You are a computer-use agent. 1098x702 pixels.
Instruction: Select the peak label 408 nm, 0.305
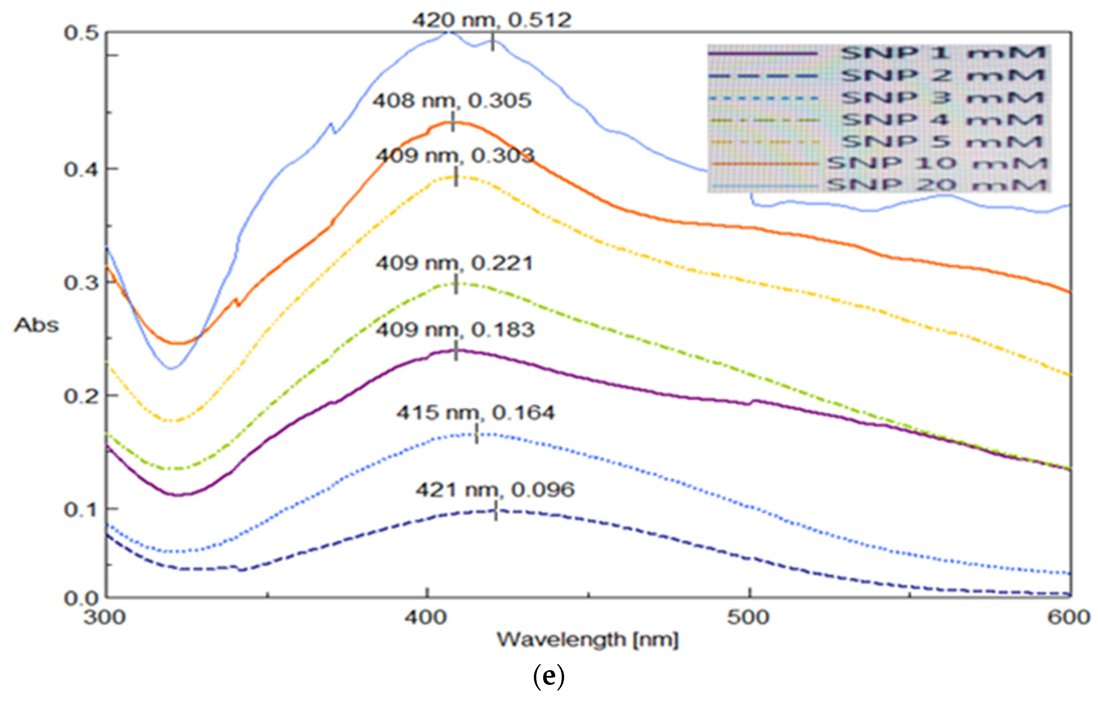coord(452,101)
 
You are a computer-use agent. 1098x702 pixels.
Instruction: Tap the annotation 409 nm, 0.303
coord(455,156)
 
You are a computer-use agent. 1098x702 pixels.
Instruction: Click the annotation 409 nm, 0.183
coord(455,330)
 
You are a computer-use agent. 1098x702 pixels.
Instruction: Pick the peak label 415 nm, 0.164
coord(475,413)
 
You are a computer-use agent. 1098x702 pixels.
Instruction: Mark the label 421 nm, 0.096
coord(495,490)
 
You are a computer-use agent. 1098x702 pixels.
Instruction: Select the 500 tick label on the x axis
coord(748,618)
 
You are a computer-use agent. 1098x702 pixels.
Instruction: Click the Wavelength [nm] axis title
coord(587,640)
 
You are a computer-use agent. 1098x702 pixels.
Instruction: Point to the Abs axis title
coord(36,325)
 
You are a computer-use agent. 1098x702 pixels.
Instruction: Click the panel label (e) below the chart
coord(549,677)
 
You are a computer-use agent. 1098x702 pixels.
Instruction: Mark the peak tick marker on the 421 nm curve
coord(496,513)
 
